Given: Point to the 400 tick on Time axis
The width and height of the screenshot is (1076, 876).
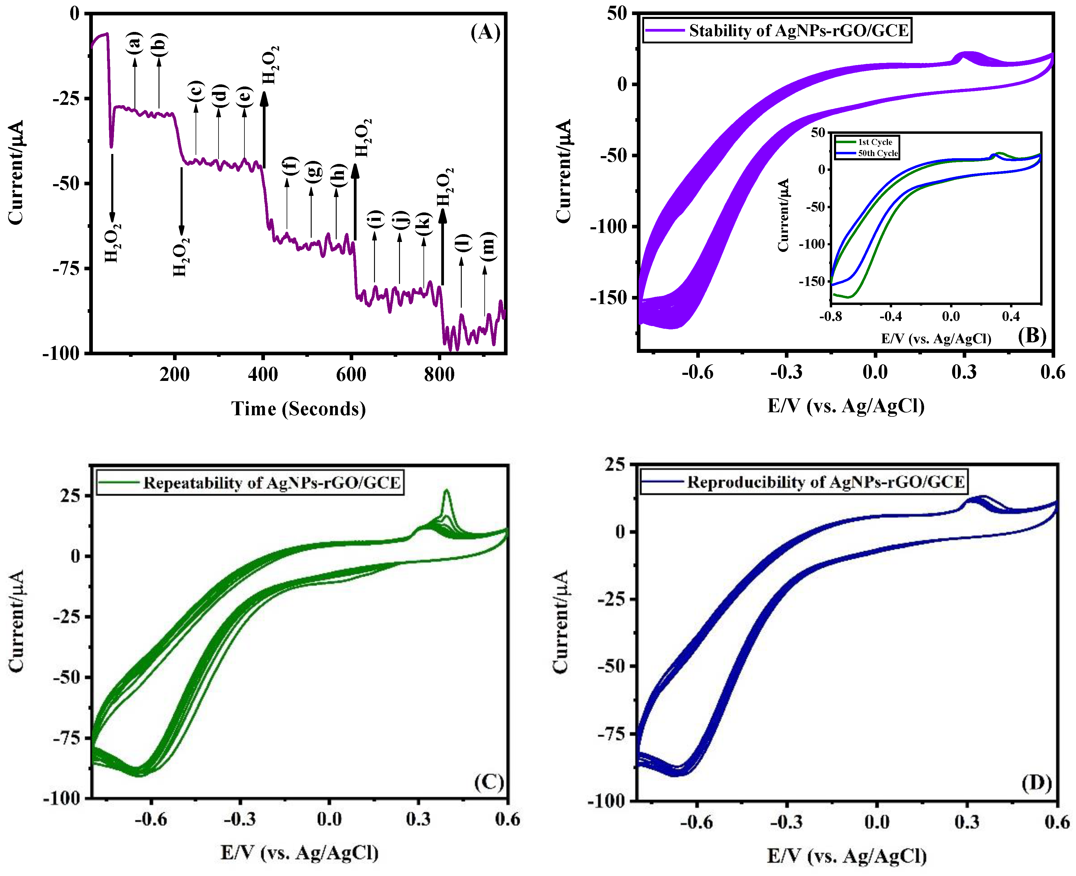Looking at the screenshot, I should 263,375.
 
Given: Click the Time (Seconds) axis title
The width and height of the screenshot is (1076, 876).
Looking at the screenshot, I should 298,408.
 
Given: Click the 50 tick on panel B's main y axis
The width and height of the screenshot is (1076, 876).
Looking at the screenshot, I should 617,14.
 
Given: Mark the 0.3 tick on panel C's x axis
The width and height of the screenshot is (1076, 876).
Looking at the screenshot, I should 418,819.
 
